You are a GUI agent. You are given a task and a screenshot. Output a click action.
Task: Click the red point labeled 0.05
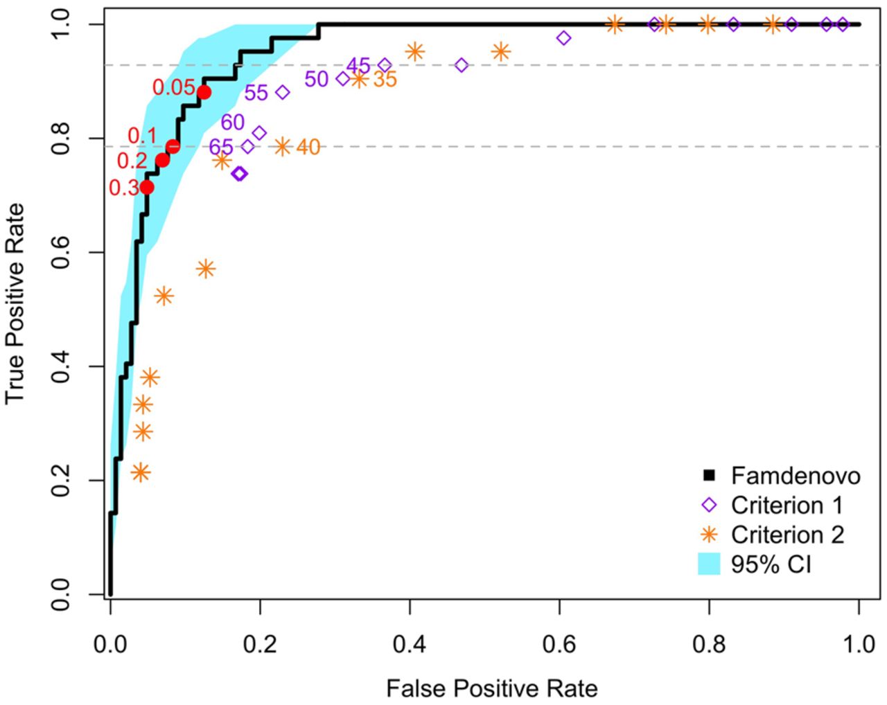click(204, 93)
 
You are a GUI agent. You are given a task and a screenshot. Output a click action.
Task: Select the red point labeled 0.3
click(147, 188)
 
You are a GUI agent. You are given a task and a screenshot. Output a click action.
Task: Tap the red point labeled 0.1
click(173, 146)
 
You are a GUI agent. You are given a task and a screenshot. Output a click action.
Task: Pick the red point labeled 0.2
click(162, 160)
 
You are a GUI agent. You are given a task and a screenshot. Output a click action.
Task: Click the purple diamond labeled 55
click(282, 92)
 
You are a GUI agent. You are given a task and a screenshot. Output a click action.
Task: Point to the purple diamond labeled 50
click(343, 79)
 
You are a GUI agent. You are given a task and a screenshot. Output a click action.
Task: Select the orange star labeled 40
click(282, 146)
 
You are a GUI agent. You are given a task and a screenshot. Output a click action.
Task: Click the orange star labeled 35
click(359, 79)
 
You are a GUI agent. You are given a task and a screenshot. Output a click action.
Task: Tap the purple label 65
click(221, 147)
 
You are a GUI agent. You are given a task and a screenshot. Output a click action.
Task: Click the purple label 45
click(358, 66)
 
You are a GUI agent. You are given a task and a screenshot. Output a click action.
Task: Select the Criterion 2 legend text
click(788, 535)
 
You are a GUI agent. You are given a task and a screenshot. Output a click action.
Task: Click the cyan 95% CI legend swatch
click(709, 564)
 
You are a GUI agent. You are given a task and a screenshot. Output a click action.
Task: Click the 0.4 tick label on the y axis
click(60, 367)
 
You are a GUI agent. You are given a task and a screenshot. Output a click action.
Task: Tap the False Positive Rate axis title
click(492, 688)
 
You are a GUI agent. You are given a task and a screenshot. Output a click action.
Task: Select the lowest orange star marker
click(141, 472)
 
